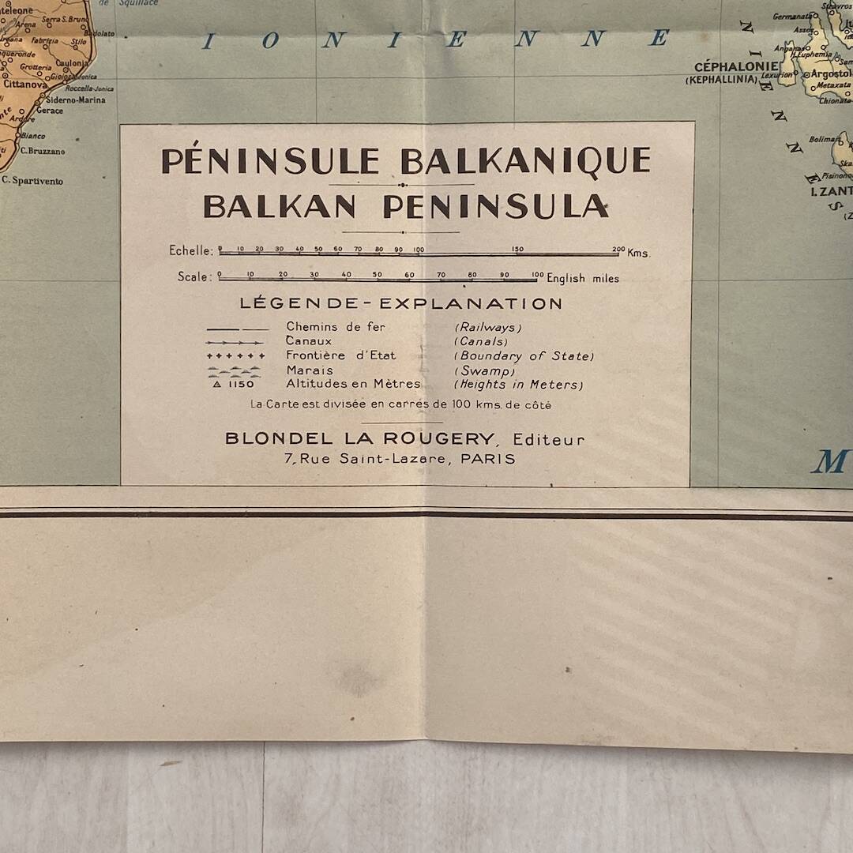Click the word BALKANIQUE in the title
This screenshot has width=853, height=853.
pos(525,161)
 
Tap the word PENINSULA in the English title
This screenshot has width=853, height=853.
pos(496,206)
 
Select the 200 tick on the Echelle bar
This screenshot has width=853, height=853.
pos(618,251)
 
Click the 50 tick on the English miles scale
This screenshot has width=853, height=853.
pos(378,277)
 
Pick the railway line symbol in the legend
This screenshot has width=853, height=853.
pos(237,328)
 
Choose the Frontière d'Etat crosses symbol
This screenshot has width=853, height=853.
pos(236,356)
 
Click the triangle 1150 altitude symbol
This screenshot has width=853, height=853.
pos(235,385)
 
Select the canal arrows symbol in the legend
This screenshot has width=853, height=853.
pos(235,342)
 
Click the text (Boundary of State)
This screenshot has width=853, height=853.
pos(524,356)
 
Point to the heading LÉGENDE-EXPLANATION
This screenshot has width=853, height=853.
pos(401,303)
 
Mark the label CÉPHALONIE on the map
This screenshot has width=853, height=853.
pos(731,67)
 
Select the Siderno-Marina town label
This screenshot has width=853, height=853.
pos(75,100)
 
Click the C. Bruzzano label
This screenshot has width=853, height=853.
pos(43,151)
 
